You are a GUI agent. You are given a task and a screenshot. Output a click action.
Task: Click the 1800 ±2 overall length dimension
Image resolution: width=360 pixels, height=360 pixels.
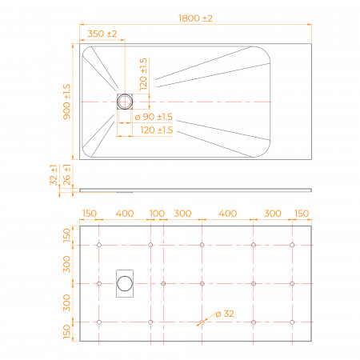(195, 18)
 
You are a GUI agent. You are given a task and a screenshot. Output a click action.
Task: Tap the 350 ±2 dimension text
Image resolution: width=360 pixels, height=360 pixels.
(102, 34)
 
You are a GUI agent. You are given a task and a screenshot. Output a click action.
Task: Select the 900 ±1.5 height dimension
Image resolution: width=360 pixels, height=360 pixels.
(66, 102)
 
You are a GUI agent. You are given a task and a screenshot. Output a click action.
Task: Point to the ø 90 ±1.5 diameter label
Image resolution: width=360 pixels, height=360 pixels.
(154, 117)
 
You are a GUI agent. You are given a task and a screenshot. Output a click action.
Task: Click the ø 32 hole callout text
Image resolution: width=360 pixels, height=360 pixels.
(225, 314)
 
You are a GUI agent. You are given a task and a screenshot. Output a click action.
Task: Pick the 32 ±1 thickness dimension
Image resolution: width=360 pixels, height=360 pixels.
(54, 175)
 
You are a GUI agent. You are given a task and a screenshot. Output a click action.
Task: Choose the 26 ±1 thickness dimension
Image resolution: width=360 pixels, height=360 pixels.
(67, 174)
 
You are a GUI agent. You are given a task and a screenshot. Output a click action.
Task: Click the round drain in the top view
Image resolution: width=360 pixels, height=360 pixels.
(125, 102)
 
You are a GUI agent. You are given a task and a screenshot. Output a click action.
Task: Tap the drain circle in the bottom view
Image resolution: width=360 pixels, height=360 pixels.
(125, 283)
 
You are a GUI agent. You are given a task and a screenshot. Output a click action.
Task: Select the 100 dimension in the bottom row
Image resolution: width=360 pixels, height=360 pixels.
(157, 214)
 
